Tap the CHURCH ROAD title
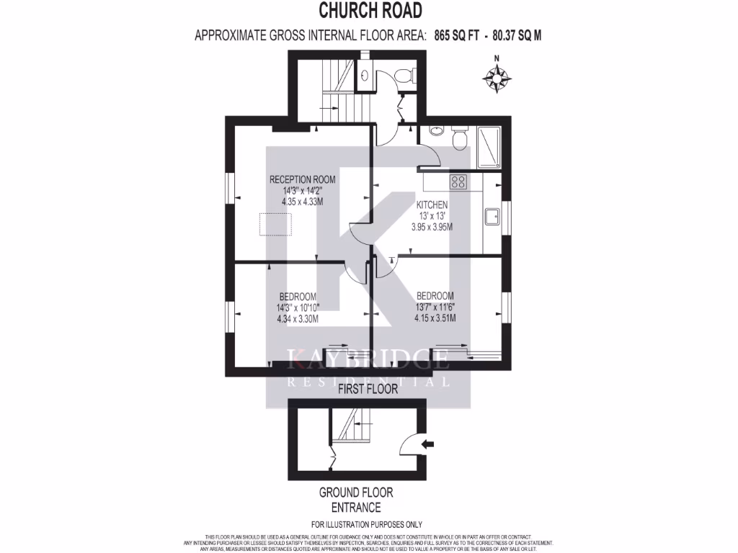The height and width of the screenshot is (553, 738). (370, 11)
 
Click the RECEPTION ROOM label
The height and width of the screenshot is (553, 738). (302, 179)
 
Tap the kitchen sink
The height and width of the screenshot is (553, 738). (494, 216)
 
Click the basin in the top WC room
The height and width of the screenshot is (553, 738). (365, 76)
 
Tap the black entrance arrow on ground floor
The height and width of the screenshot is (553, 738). (427, 444)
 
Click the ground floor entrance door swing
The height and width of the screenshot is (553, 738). (413, 441)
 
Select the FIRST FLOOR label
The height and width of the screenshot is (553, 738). (368, 389)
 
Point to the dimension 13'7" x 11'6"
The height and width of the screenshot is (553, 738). (435, 307)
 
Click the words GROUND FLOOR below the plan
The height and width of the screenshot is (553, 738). (356, 493)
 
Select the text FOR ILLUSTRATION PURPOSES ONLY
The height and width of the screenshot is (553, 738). (366, 524)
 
